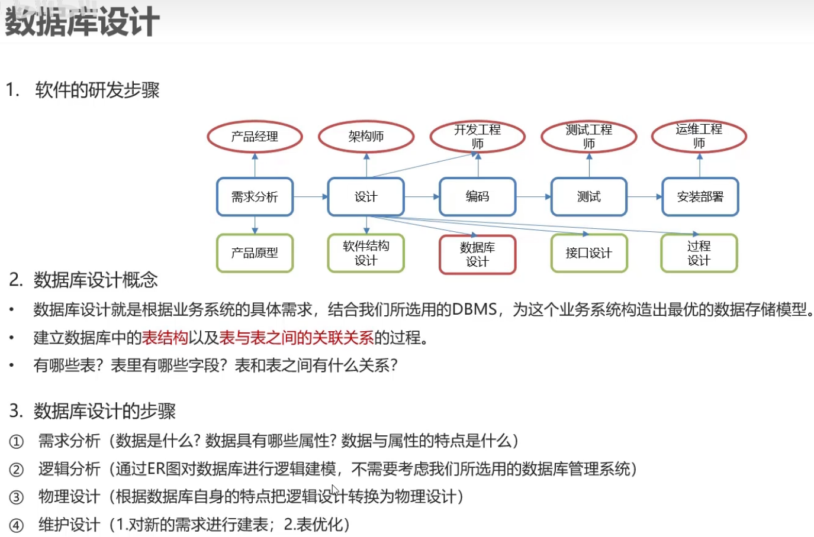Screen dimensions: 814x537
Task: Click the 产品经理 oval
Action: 255,137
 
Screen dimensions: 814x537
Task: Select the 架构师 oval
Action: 366,137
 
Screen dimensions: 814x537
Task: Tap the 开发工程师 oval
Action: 477,137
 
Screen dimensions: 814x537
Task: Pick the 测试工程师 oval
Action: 588,137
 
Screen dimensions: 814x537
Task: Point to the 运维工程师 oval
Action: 699,137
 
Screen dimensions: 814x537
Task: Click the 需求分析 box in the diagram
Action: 255,197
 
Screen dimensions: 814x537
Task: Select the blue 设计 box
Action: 366,197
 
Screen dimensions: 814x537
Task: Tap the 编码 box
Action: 477,197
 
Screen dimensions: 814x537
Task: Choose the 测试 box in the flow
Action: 588,197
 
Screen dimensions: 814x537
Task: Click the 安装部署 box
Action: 700,197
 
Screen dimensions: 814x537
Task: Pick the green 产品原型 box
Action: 255,253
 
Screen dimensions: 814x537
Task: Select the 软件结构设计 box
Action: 366,253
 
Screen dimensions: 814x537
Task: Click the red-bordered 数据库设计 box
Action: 477,255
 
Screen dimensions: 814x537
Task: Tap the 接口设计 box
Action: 588,253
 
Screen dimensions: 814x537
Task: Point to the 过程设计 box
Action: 699,253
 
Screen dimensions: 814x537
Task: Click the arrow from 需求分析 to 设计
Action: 311,197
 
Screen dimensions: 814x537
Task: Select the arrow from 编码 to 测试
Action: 533,197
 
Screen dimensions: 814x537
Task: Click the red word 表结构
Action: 165,338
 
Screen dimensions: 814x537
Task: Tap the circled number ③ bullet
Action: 17,497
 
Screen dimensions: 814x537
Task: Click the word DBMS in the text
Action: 474,309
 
